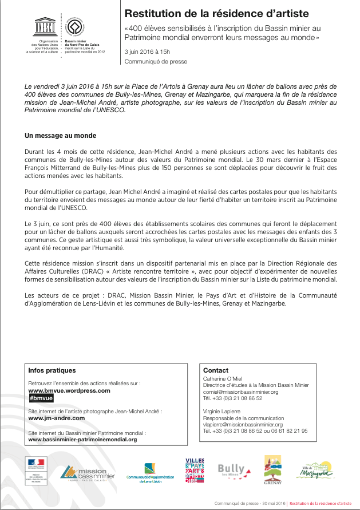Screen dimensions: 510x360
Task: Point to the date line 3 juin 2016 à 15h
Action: (x=147, y=52)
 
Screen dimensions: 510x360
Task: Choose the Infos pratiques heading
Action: (x=52, y=370)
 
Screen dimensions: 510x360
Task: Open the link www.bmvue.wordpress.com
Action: (x=69, y=390)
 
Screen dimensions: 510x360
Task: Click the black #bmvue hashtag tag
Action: (x=41, y=398)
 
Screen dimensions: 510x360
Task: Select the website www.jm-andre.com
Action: (x=56, y=418)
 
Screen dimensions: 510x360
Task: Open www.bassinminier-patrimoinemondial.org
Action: (x=82, y=439)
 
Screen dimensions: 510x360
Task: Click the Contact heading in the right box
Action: (x=215, y=370)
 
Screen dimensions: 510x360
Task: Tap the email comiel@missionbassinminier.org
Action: (x=240, y=392)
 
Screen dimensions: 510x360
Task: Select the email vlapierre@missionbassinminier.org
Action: (x=243, y=424)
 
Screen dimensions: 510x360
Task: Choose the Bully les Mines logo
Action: (x=234, y=471)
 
